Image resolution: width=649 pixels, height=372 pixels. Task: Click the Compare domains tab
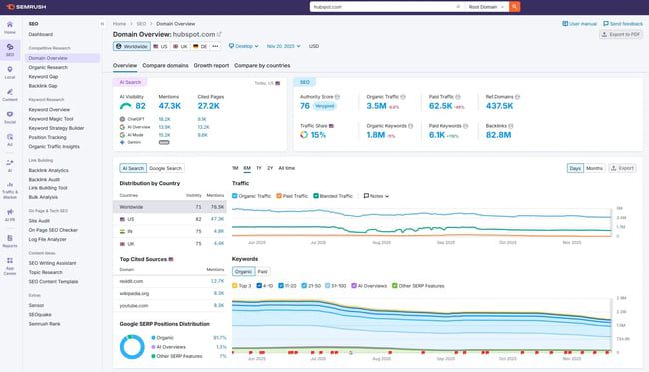(x=164, y=65)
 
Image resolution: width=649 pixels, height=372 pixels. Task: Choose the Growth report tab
(x=211, y=65)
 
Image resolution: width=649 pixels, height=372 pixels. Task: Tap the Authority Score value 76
(x=305, y=104)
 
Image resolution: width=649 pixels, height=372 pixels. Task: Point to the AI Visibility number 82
(x=140, y=105)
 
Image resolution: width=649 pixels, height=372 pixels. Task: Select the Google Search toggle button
(x=166, y=168)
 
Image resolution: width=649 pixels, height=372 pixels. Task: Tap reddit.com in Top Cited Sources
(x=132, y=281)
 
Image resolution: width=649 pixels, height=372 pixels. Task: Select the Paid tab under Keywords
(x=262, y=271)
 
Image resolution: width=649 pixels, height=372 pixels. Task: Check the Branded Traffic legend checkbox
(x=317, y=196)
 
